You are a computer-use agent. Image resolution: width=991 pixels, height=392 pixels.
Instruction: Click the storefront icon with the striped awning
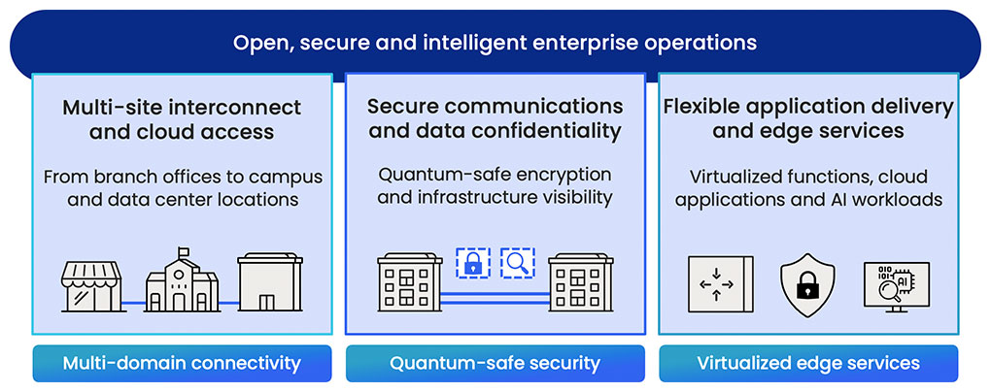pos(91,286)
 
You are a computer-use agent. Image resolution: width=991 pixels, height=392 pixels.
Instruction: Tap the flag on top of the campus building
pos(184,252)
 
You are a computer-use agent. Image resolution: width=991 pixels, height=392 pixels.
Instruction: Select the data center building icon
pos(270,282)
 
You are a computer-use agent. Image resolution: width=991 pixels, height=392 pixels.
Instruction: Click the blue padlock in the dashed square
pos(473,263)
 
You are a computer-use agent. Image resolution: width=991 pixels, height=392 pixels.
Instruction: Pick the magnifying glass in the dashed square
pos(518,263)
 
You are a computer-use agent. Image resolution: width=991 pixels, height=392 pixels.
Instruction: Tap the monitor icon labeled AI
pos(896,286)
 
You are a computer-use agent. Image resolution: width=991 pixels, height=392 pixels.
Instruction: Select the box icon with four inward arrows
pos(721,284)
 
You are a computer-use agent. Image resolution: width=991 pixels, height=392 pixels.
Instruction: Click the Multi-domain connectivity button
pos(182,364)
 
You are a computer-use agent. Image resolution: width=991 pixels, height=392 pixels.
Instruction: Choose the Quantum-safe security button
pos(495,364)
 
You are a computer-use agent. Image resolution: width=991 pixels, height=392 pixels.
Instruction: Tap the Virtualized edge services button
pos(808,364)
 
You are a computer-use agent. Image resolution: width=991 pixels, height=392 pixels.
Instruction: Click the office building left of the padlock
pos(410,282)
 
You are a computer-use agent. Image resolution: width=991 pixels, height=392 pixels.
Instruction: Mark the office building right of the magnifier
pos(581,282)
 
